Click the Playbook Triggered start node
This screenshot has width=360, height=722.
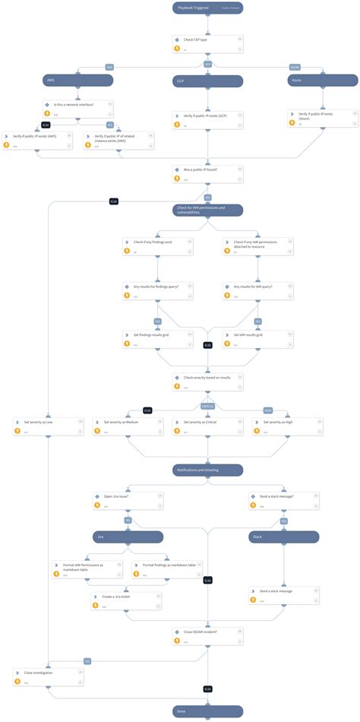(207, 8)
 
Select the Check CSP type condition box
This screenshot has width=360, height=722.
(207, 42)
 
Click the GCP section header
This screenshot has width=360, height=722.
(207, 80)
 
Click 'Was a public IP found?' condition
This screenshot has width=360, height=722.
(207, 174)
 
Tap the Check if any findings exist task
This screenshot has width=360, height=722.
(157, 245)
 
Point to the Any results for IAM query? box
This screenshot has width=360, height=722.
(256, 290)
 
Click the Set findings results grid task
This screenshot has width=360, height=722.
(157, 337)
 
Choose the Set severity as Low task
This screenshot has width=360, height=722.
(48, 425)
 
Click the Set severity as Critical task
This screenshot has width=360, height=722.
(207, 425)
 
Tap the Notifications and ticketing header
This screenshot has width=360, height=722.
(207, 470)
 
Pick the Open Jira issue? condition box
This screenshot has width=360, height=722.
(128, 499)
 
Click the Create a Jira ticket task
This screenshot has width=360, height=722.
(128, 600)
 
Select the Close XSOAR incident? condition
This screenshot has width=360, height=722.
(207, 635)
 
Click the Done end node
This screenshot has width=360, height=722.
(207, 711)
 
